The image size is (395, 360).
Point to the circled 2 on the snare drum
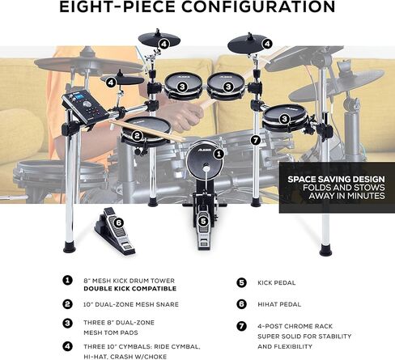click(137, 135)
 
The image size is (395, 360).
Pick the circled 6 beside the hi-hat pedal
click(118, 221)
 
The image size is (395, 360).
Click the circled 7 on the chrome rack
click(256, 140)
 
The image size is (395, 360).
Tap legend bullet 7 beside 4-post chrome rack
click(241, 325)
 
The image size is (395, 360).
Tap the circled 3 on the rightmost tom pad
click(285, 117)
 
